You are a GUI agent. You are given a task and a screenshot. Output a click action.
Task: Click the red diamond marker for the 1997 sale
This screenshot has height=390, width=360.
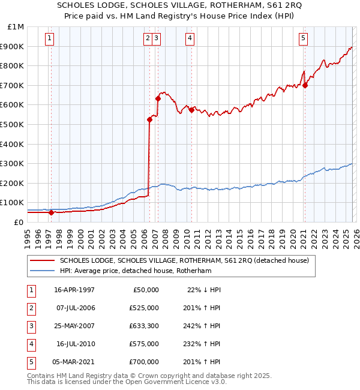click(x=52, y=212)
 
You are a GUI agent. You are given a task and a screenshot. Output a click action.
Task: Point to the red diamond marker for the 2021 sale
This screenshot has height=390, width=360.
click(x=305, y=85)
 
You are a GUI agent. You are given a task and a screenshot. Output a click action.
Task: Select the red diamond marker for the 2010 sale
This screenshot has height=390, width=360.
click(x=191, y=110)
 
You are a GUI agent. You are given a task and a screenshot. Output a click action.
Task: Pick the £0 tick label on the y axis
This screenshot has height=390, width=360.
click(x=19, y=222)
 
